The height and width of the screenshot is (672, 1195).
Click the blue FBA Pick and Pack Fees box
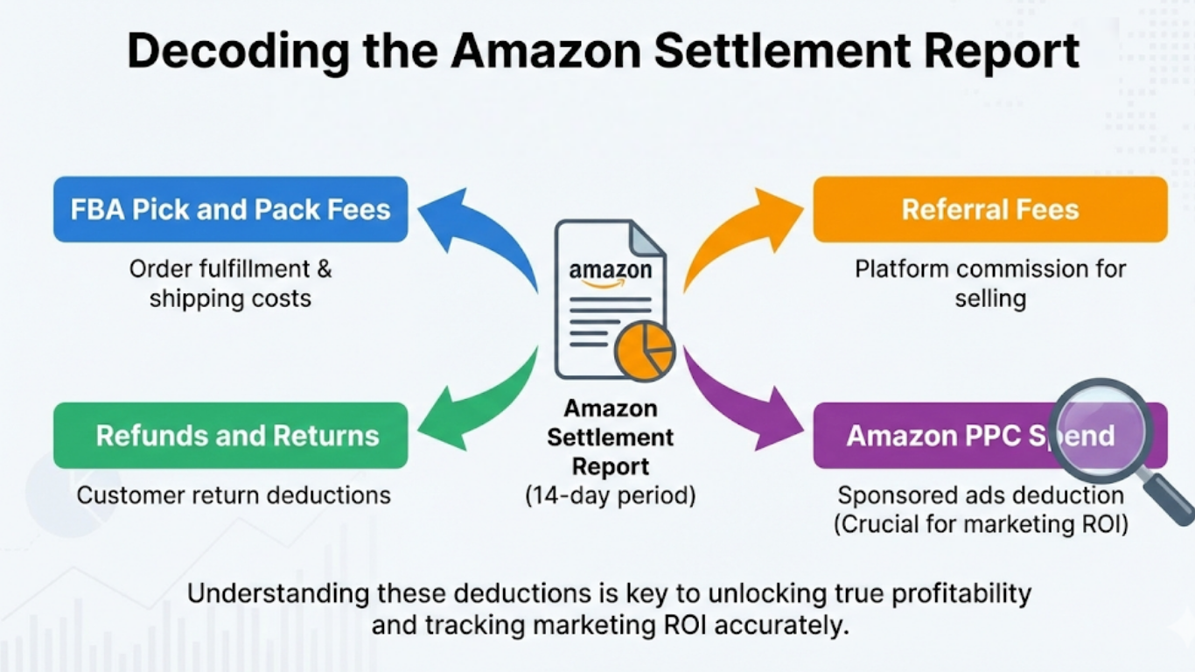click(230, 210)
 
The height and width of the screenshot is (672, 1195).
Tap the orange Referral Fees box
click(989, 210)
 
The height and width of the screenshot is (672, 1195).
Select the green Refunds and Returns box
click(230, 436)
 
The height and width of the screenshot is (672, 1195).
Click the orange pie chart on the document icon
click(644, 351)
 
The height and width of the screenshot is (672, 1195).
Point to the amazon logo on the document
click(610, 270)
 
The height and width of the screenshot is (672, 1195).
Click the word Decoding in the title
click(222, 52)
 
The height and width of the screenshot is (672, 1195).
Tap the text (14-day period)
click(610, 496)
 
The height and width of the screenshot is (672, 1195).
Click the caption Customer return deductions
click(234, 495)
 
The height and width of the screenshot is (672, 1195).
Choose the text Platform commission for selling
click(989, 283)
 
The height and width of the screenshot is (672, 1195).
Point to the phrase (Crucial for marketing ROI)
click(981, 525)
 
